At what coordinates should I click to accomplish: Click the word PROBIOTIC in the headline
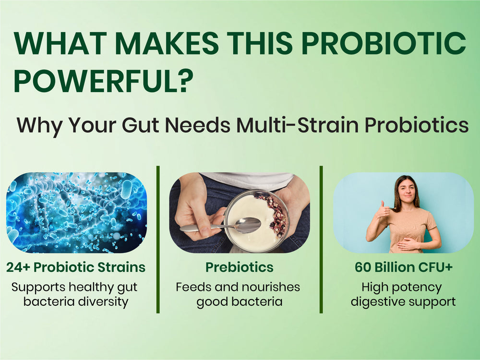pos(384,43)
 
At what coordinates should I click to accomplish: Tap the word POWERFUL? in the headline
pos(104,81)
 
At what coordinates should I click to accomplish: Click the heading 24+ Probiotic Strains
pos(76,267)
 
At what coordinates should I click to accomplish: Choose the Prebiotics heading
pos(240,267)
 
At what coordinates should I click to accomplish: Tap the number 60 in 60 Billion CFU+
pos(363,267)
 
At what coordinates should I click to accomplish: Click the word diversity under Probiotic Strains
pos(103,302)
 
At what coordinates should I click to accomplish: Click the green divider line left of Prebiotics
pos(158,240)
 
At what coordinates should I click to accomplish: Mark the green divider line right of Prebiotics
pos(321,240)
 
